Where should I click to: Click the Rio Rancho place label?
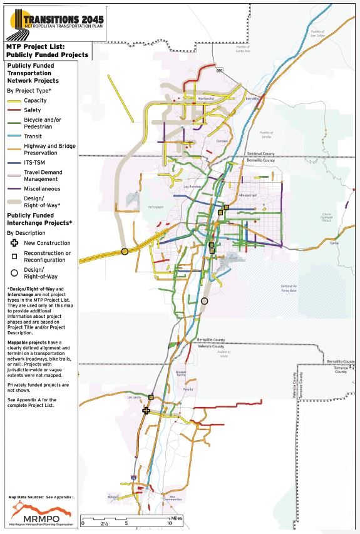coord(206,98)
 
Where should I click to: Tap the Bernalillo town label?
coord(252,99)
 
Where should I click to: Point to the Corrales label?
coord(223,141)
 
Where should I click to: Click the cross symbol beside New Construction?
coord(13,243)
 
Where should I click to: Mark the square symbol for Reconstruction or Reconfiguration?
coord(13,257)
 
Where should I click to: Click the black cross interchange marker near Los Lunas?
coord(146,411)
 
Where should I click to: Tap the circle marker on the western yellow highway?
coord(125,251)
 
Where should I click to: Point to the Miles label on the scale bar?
coord(175,519)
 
